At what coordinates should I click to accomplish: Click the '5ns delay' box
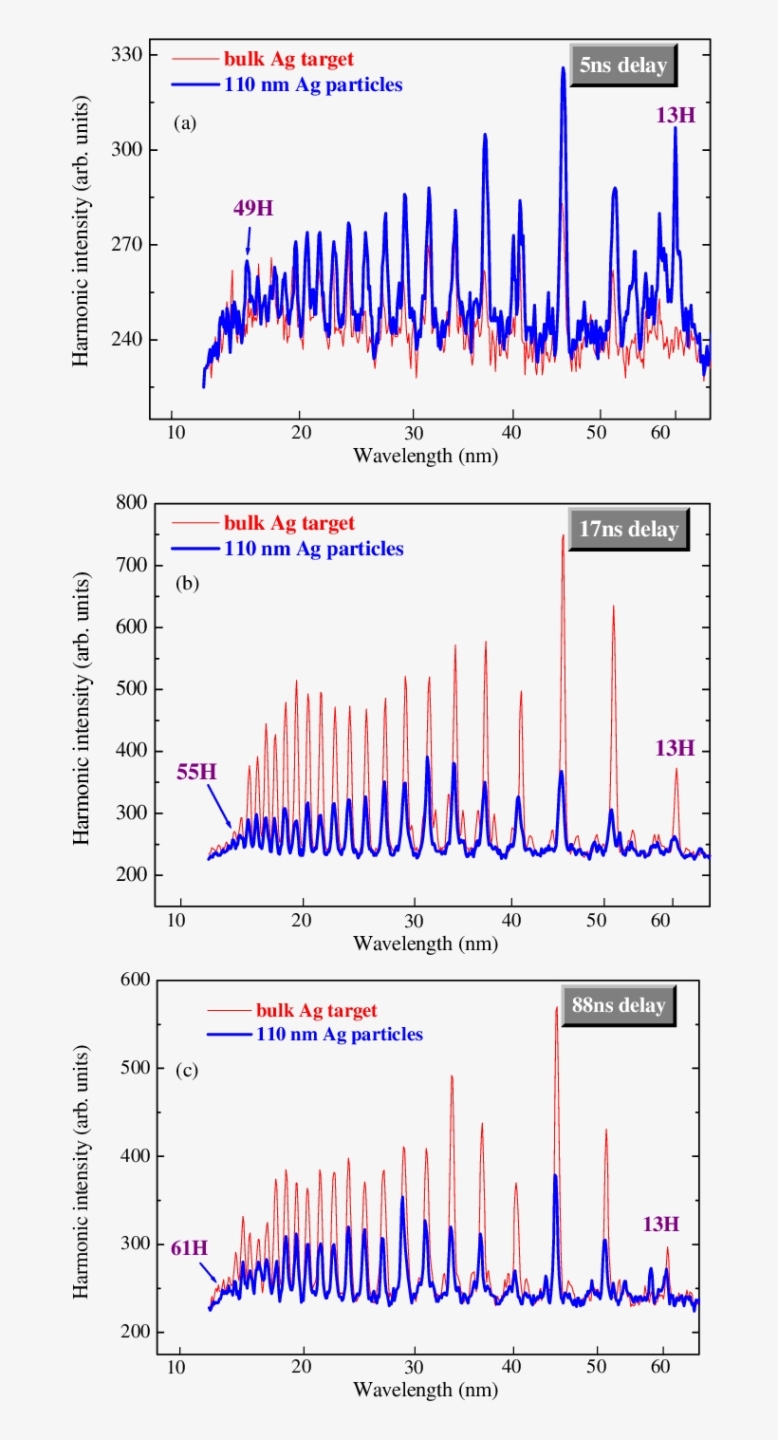pos(622,67)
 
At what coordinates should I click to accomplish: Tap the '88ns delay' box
pos(618,1005)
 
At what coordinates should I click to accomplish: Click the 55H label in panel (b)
pos(196,771)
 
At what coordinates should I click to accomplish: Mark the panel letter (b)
pos(186,585)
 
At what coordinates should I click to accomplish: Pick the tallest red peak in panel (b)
pos(563,536)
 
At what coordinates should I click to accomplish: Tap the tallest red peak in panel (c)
pos(557,1008)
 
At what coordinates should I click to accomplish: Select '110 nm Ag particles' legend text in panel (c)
pos(339,1034)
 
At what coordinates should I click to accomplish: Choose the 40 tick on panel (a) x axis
pos(513,429)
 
